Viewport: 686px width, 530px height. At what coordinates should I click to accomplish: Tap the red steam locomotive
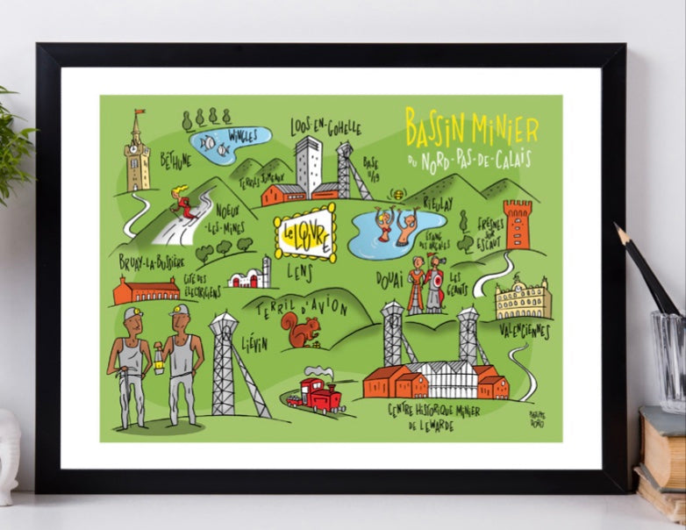pyautogui.click(x=316, y=395)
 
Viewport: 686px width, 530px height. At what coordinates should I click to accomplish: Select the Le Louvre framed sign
pyautogui.click(x=304, y=234)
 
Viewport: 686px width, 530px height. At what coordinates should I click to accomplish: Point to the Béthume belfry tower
pyautogui.click(x=137, y=154)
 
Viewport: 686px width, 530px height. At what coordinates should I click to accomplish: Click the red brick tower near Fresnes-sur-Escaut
pyautogui.click(x=518, y=225)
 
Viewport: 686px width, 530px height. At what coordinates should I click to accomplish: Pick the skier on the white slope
pyautogui.click(x=185, y=203)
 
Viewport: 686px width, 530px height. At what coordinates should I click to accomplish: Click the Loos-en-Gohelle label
pyautogui.click(x=325, y=127)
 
